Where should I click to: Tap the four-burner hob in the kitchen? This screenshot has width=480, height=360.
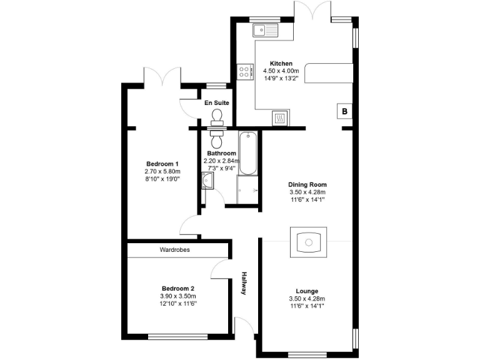pos(244,72)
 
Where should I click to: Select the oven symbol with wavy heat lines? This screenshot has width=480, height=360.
pos(281,117)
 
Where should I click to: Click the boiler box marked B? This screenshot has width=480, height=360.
pos(344,112)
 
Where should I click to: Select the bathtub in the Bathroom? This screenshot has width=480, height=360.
pos(247,154)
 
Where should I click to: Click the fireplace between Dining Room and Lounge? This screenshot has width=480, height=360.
pos(307,241)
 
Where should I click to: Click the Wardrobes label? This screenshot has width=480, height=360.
pos(175,249)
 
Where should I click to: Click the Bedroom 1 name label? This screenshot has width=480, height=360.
pos(159,164)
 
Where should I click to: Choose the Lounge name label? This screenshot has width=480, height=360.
pos(307,291)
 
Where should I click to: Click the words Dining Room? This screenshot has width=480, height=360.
pos(307,184)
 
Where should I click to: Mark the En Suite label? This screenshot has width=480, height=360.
pos(217,102)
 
